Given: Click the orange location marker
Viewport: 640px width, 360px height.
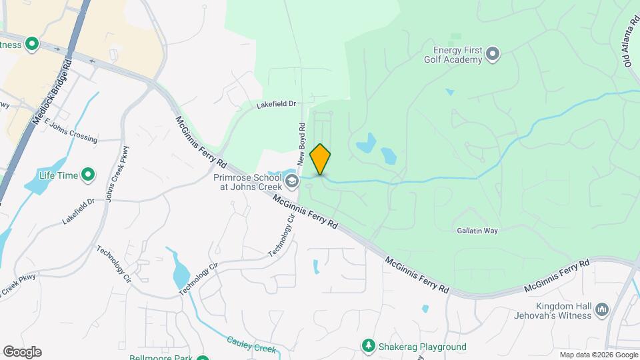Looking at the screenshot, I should click(321, 159).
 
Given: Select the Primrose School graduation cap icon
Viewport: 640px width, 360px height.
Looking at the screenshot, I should click(291, 181).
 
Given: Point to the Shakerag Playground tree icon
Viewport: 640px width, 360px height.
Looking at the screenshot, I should click(367, 346).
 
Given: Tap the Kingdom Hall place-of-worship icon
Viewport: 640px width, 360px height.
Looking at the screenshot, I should click(602, 310).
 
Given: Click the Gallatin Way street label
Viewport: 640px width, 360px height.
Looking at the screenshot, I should click(477, 231).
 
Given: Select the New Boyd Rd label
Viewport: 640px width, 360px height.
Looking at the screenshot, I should click(302, 144).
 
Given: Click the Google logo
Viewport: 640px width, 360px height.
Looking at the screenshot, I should click(21, 351).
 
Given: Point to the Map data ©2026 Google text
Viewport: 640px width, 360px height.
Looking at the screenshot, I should click(597, 355).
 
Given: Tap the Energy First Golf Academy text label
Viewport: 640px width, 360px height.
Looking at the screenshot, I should click(457, 55).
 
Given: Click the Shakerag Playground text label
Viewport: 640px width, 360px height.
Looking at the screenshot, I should click(423, 347).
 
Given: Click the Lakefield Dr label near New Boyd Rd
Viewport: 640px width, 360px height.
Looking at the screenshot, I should click(276, 105).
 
